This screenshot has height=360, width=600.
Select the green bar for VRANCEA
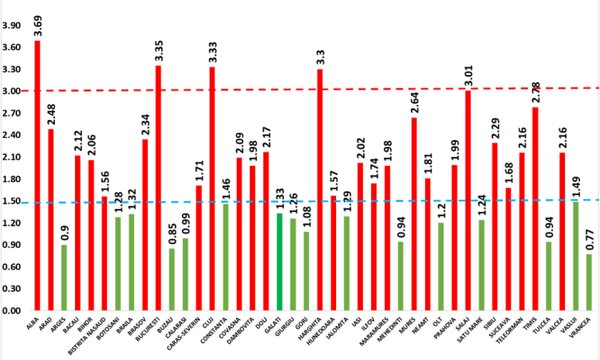pos(589,282)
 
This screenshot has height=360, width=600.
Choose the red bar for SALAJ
pos(468,201)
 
